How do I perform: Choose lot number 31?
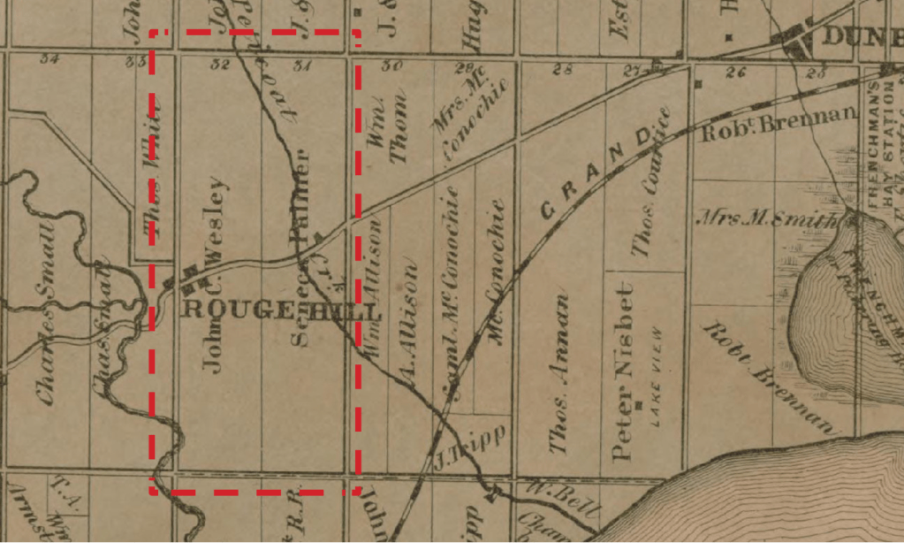302,65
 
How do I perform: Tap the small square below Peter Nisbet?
637,407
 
